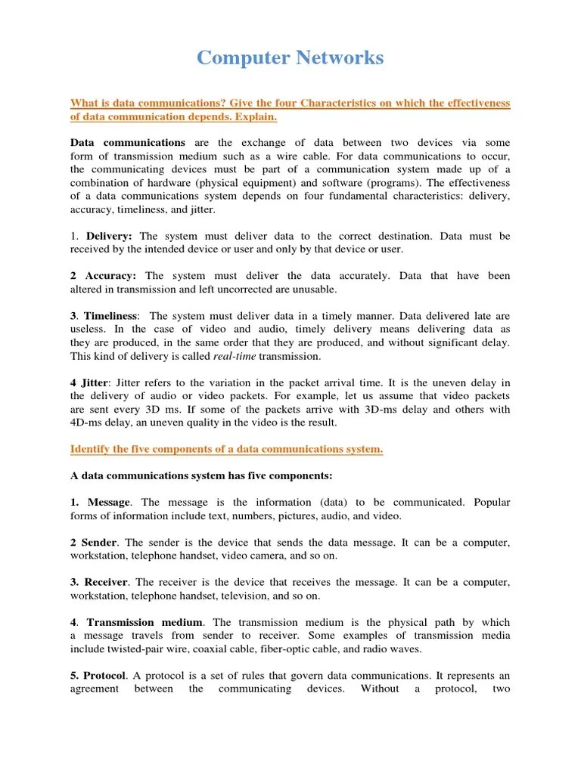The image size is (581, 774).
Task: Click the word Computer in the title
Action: (241, 57)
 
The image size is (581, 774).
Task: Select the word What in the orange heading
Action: (84, 103)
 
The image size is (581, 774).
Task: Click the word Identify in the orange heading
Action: (91, 450)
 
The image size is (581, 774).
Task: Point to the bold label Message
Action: (109, 503)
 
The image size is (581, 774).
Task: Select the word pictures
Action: (294, 515)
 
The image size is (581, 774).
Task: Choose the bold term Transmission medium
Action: (144, 622)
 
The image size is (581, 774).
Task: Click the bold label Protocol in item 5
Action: (104, 675)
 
